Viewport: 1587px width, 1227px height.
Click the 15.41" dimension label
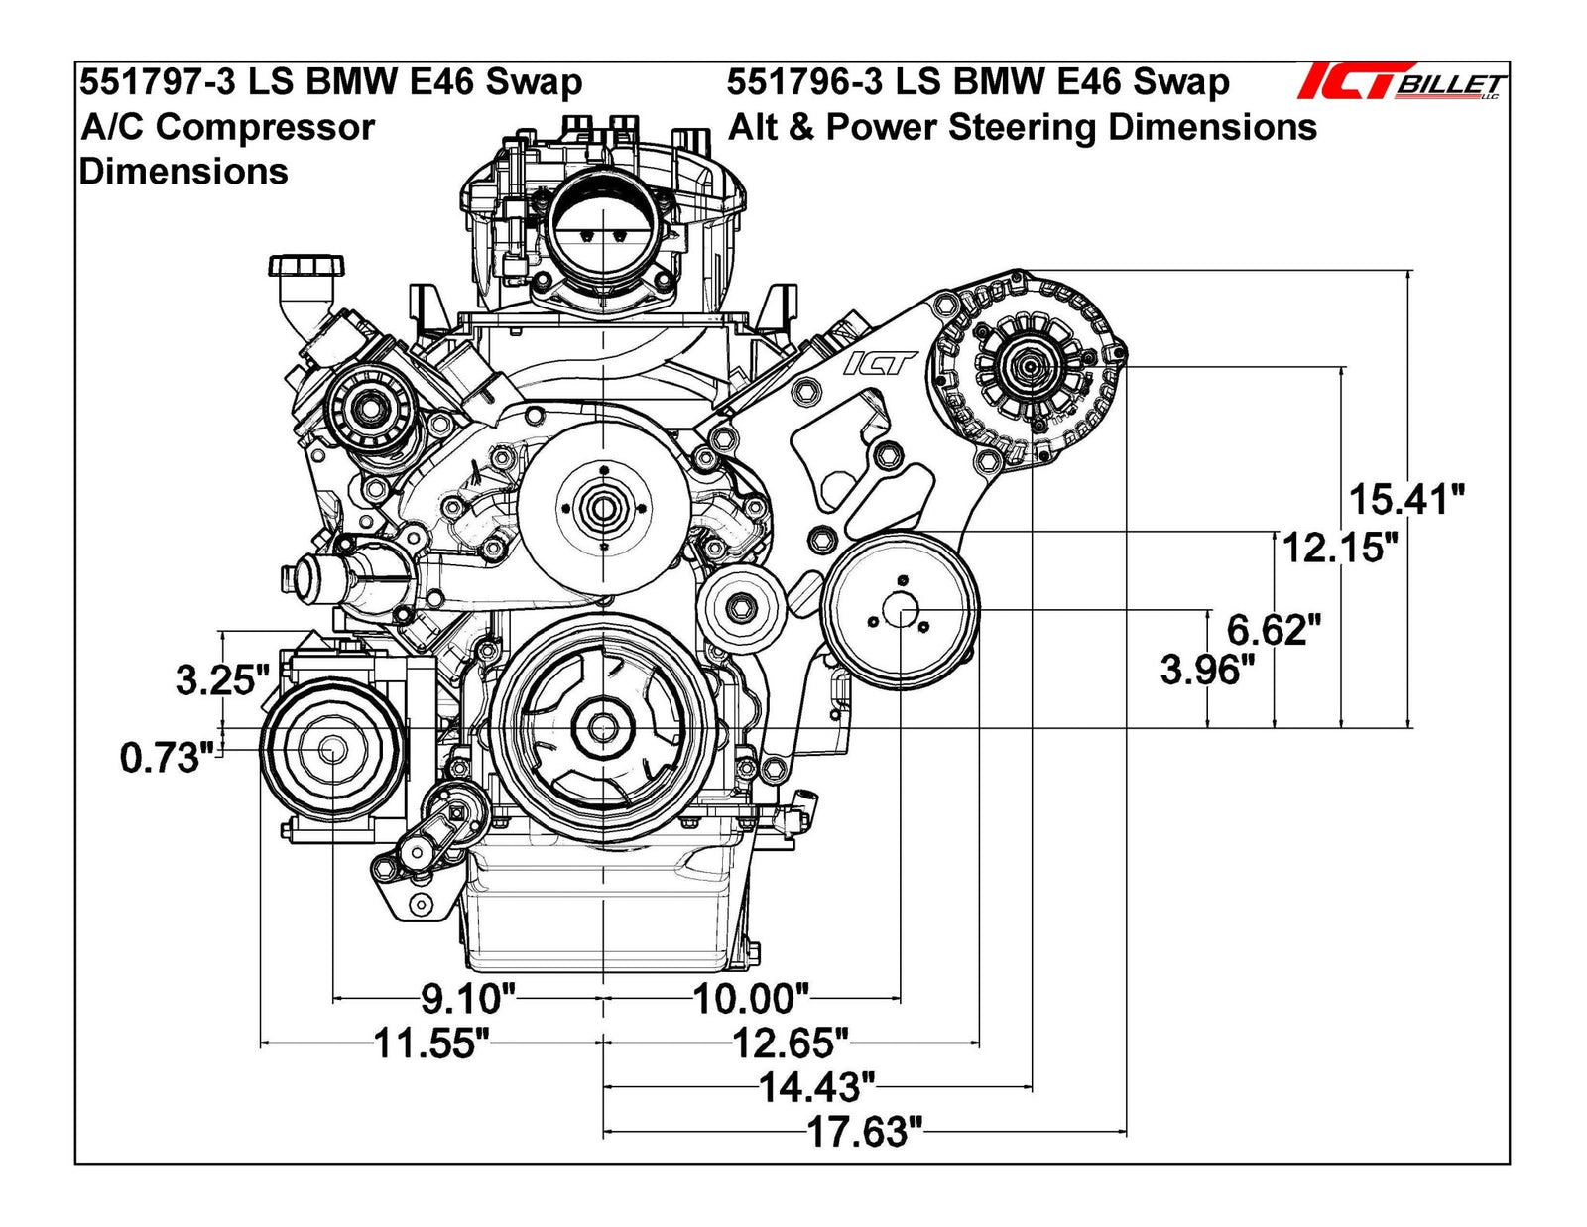point(1404,499)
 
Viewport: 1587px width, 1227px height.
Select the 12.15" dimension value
point(1340,547)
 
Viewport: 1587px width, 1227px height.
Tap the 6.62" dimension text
point(1274,629)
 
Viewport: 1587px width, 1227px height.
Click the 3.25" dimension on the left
point(222,680)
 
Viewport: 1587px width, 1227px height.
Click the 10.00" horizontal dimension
point(750,999)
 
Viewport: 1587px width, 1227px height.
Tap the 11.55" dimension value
point(430,1043)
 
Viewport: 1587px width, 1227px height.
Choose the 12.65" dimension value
point(790,1043)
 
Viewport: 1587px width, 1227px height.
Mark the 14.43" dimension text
point(816,1088)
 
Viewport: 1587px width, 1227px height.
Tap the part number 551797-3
point(158,82)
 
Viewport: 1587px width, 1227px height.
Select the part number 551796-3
point(804,82)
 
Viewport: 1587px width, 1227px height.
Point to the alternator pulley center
point(1029,367)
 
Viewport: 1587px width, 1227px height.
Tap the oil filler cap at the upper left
point(306,266)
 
